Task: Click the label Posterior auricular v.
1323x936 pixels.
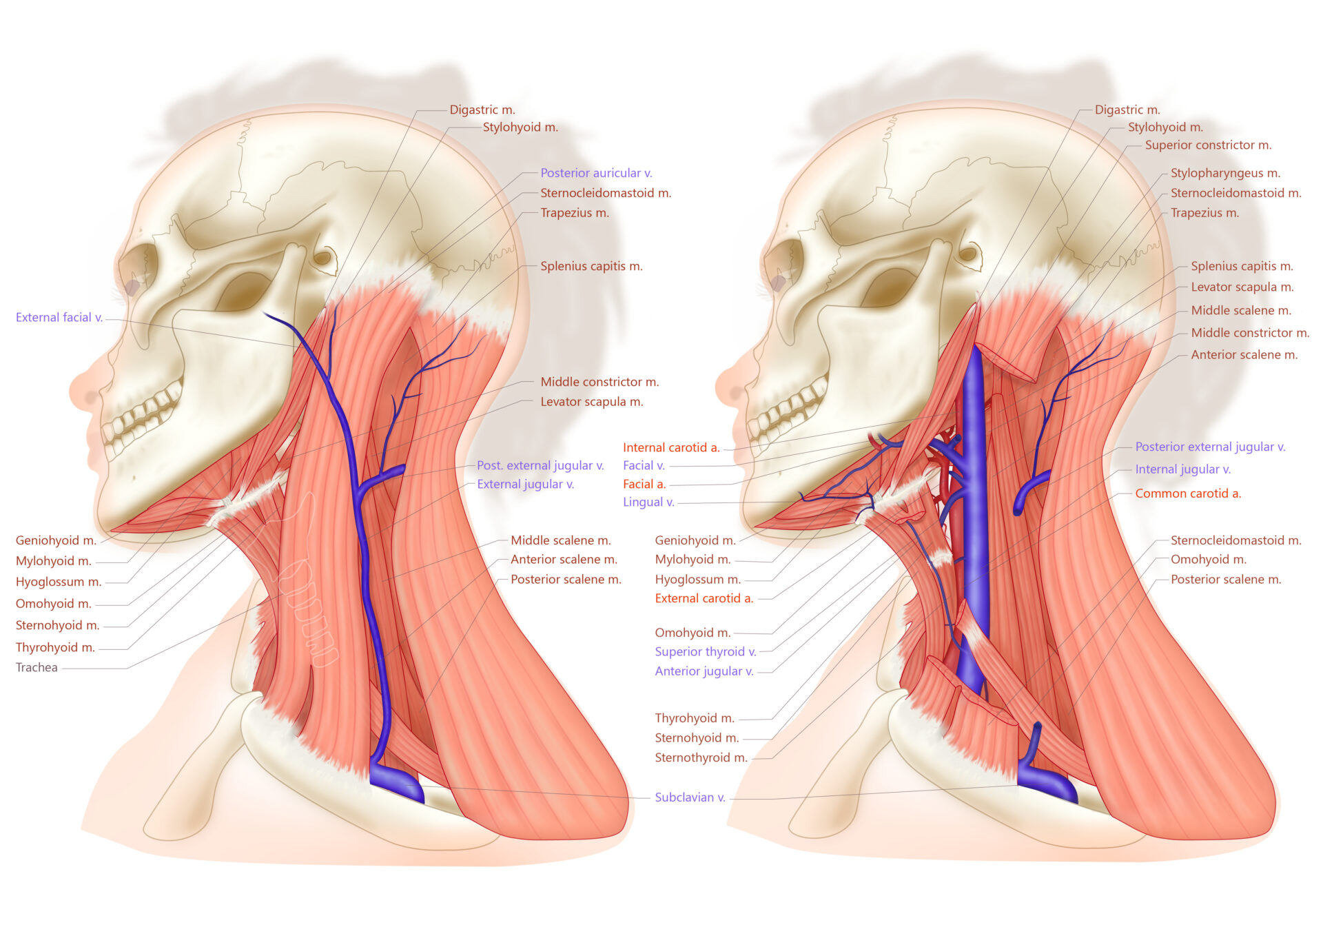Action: click(595, 173)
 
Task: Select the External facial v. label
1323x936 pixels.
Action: click(59, 317)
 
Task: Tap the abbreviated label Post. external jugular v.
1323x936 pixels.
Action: click(540, 465)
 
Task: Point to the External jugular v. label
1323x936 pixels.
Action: click(525, 484)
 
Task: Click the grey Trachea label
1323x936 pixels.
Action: click(37, 667)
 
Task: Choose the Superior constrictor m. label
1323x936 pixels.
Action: click(1208, 145)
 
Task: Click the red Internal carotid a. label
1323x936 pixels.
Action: click(670, 447)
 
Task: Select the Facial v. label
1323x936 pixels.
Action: click(644, 465)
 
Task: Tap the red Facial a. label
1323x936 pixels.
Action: click(644, 484)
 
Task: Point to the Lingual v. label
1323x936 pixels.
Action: click(648, 502)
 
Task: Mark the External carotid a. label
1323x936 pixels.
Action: click(704, 598)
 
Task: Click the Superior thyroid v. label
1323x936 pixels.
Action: click(705, 651)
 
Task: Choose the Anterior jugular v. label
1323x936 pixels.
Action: click(704, 671)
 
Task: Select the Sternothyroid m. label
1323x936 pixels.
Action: click(701, 757)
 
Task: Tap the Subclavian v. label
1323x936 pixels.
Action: click(689, 797)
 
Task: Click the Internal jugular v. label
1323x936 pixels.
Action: click(1182, 469)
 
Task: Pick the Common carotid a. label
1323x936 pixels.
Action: click(1187, 494)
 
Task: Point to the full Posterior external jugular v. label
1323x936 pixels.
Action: click(1209, 447)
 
